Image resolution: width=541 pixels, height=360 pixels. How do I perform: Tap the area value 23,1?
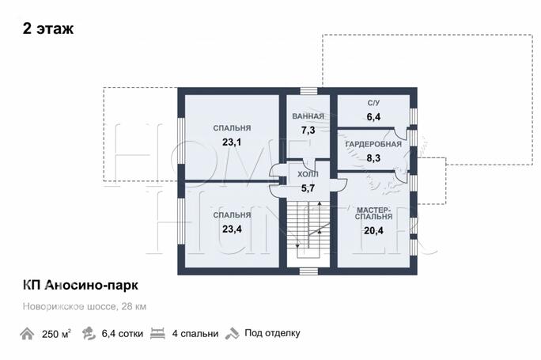coord(232,142)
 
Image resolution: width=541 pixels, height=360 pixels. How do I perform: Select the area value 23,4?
coord(232,229)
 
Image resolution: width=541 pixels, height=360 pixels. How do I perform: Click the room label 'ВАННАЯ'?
coord(308,116)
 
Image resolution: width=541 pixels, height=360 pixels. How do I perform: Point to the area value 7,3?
coord(308,130)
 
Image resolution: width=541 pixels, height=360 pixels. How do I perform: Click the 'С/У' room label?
coord(373,104)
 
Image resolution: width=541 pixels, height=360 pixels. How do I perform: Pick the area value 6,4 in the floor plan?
coord(373,117)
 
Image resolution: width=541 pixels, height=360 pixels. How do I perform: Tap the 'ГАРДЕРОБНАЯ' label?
coord(373,145)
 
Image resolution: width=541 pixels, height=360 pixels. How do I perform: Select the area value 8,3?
coord(373,158)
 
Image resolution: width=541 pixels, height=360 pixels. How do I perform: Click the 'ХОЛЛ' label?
coord(308,174)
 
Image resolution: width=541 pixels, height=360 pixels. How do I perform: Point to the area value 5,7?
coord(308,188)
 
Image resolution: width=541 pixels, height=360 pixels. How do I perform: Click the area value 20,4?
coord(373,231)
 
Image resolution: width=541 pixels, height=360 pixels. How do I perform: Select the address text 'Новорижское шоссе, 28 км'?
coord(85,306)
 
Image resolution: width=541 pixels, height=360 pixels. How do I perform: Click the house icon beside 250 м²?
coord(28,333)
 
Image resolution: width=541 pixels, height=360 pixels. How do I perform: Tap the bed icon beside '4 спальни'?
coord(158,333)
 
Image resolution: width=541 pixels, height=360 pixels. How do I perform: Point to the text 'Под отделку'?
coord(272,333)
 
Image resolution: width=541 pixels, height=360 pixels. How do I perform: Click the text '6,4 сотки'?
coord(123,333)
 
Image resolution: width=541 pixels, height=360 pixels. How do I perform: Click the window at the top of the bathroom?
coord(308,91)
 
